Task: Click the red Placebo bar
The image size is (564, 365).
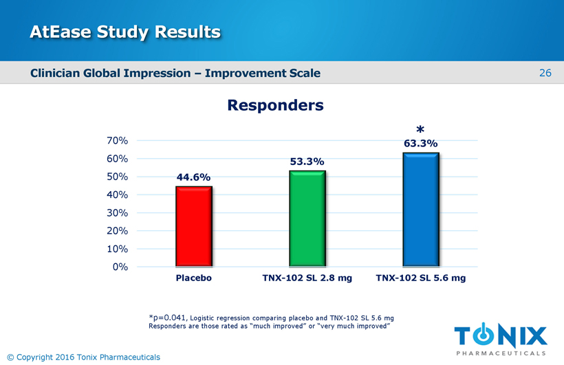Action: [x=193, y=226]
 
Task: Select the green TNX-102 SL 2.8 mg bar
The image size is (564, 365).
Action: [x=307, y=219]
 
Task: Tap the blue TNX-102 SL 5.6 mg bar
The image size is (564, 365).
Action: [x=420, y=209]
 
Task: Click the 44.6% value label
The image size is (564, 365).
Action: [x=193, y=177]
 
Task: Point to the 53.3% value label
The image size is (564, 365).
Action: [x=307, y=162]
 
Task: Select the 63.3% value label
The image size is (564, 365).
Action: [x=420, y=144]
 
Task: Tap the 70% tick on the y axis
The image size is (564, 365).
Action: [x=117, y=141]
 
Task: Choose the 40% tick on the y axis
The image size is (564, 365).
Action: [x=117, y=195]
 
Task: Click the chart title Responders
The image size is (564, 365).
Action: [x=275, y=106]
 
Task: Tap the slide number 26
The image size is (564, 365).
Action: [x=545, y=73]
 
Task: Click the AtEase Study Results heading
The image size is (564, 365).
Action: [x=125, y=32]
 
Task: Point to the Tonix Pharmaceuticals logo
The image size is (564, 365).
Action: [x=501, y=339]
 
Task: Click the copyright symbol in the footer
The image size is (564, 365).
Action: [x=10, y=357]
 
